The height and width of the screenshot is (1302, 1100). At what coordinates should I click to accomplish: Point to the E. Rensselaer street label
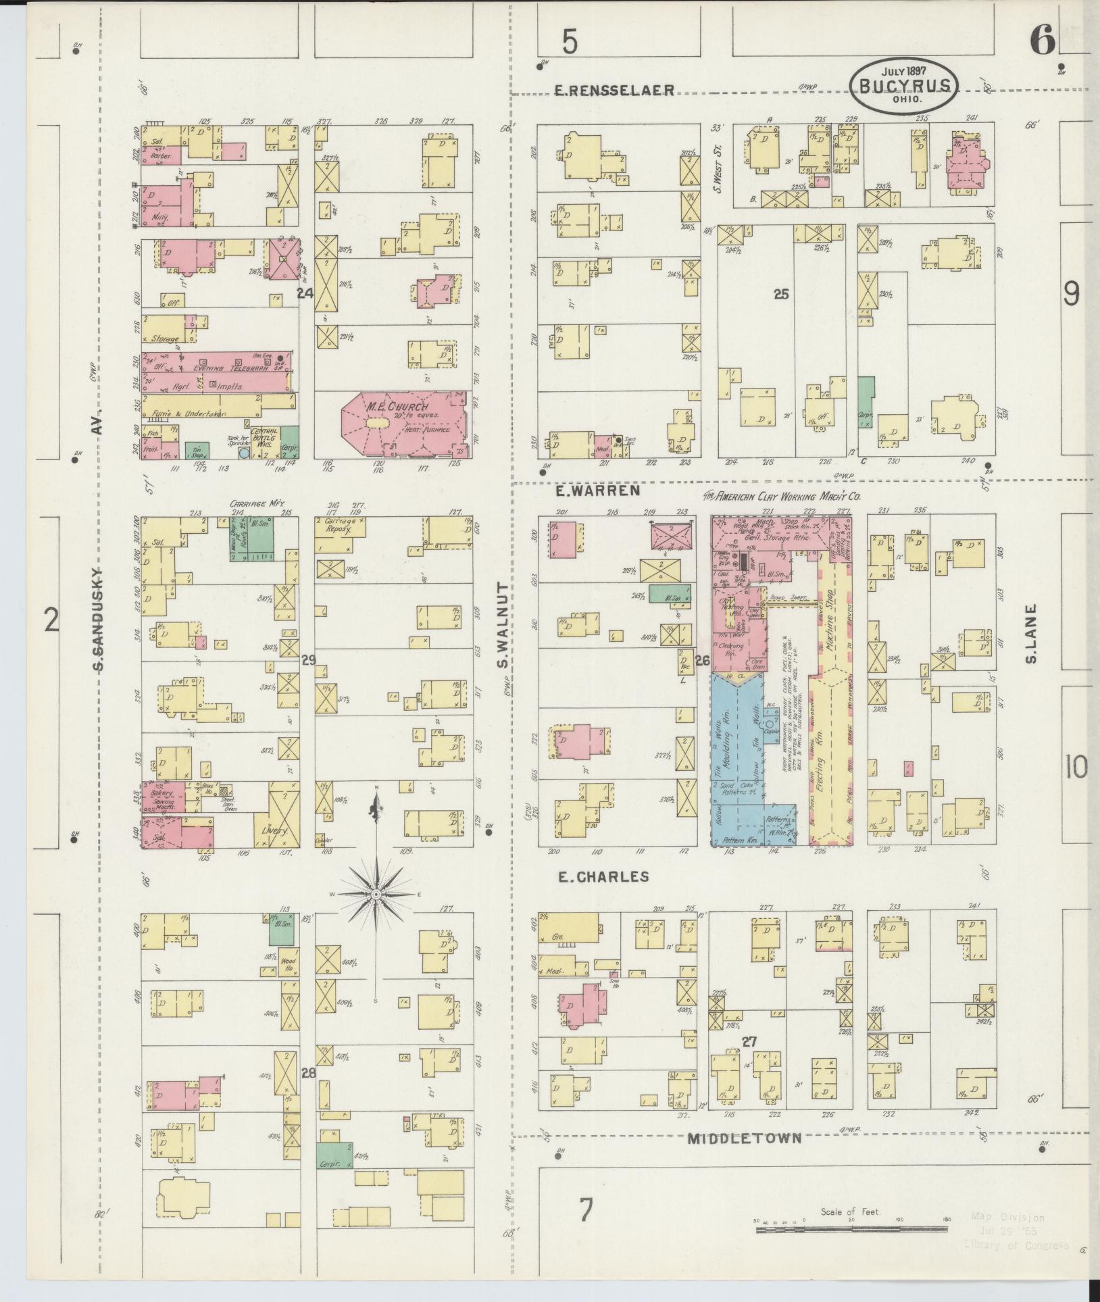[614, 90]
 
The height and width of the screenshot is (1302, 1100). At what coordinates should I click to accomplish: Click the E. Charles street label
[603, 877]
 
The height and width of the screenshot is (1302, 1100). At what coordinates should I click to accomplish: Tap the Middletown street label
[744, 1138]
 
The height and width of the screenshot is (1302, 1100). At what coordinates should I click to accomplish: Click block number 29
[308, 660]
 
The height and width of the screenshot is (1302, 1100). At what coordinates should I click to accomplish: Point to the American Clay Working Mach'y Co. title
[784, 496]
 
